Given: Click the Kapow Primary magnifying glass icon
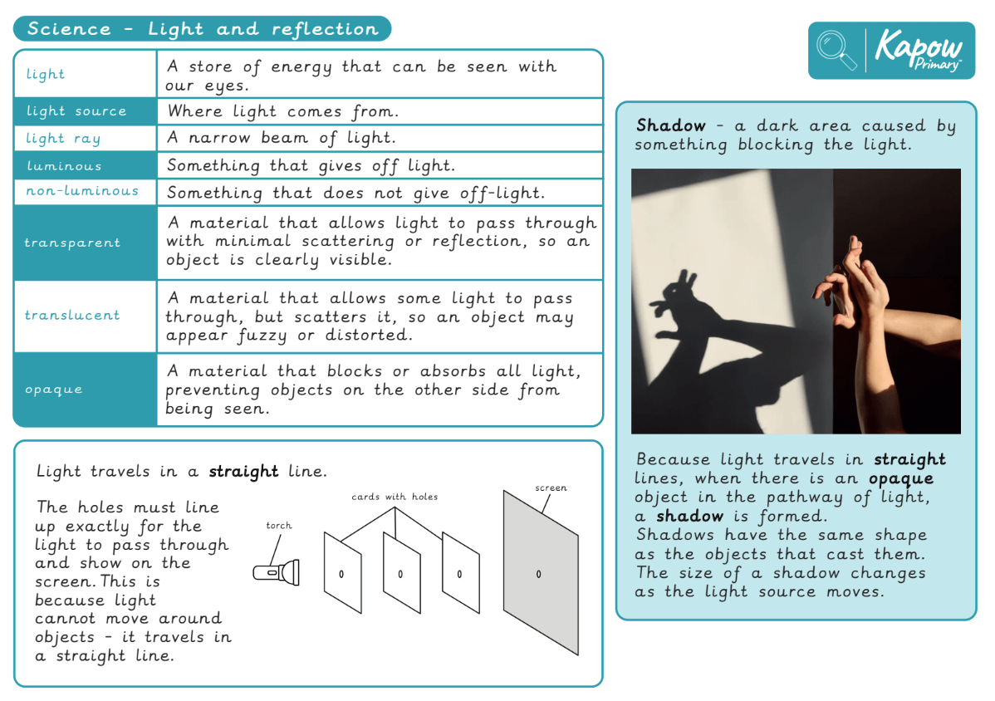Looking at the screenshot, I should pos(836,50).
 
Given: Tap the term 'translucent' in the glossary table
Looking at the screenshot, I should pos(72,316).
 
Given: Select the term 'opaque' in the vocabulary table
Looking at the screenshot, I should pos(54,390).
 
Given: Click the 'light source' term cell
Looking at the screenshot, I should pos(76,111).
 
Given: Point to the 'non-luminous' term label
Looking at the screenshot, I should pos(81,191).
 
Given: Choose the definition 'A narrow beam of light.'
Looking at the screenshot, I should pos(282,138).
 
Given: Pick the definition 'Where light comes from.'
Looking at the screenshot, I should pos(283,111).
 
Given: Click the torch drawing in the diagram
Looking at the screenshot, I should pos(277,571).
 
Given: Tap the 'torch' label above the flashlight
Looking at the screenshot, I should pos(279,526).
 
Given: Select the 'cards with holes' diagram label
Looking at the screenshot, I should pos(395,497).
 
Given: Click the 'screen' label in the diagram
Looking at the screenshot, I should pos(551,488).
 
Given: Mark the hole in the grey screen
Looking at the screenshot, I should pos(538,574).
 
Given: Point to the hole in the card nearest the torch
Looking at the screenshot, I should pos(341,574).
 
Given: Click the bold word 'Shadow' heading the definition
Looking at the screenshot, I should pos(670,126).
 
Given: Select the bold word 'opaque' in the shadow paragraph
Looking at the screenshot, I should pos(901,478).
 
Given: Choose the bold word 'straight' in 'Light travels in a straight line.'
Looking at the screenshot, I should pos(243,472).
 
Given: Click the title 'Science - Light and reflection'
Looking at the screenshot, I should pos(203,29).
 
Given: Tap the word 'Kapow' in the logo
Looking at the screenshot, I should pos(919,47).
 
